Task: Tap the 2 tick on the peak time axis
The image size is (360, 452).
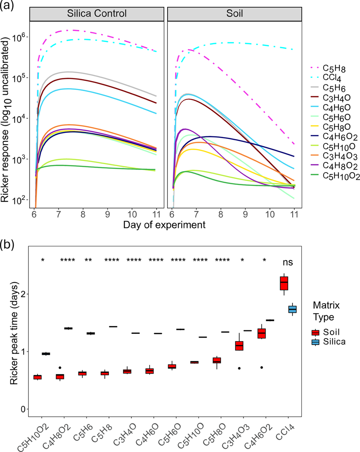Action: pos(24,294)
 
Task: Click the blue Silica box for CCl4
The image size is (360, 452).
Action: pos(293,309)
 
